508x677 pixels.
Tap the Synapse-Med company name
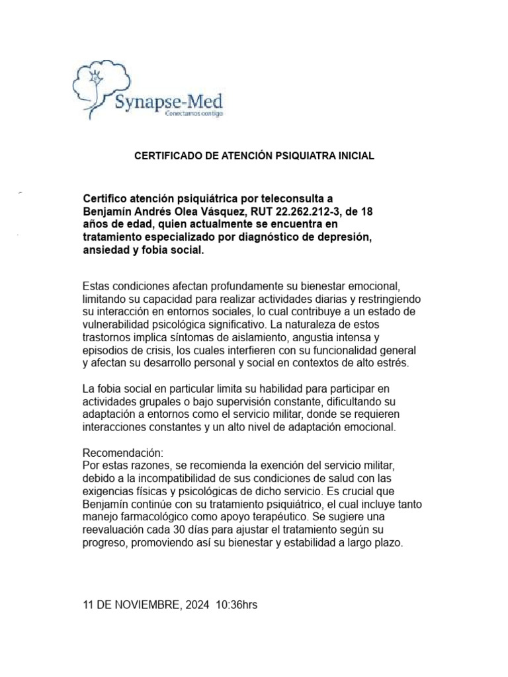[169, 102]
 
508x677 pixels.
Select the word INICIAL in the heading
[357, 156]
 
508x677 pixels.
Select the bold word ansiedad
[108, 251]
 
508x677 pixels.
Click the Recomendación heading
[122, 454]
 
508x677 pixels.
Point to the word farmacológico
[165, 516]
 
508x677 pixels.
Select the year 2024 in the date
[196, 605]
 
